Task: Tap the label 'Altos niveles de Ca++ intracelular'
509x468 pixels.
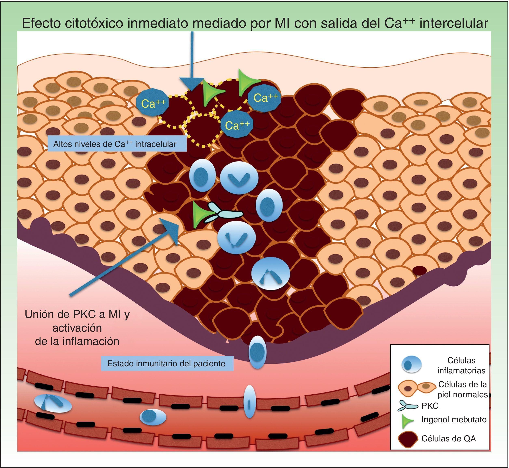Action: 115,144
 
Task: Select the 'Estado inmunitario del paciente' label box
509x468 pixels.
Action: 166,363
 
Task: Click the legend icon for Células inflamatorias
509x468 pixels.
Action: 411,365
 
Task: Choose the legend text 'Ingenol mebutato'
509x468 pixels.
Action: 454,420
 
